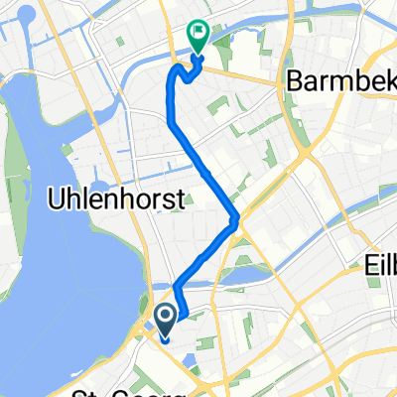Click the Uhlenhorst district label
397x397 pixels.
(116, 201)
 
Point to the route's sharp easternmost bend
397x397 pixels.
(234, 219)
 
